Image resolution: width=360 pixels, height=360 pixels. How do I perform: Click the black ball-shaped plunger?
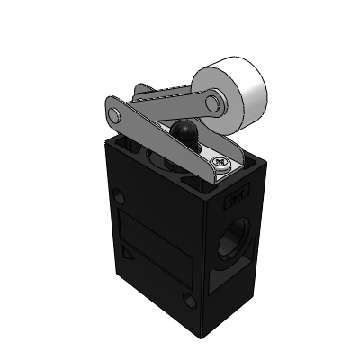184,134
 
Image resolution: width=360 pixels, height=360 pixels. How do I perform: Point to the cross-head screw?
221,163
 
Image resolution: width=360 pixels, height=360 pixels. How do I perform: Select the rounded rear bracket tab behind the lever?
140,90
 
